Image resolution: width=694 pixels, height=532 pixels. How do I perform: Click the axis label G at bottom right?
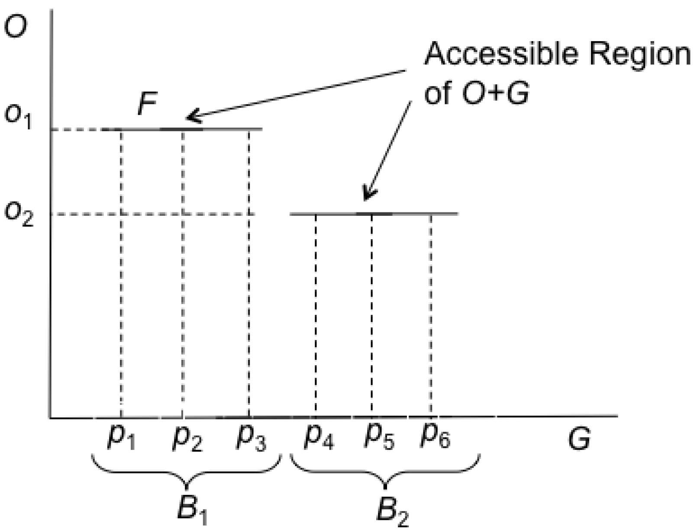tap(579, 440)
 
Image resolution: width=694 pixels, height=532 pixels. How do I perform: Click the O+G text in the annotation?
tap(494, 93)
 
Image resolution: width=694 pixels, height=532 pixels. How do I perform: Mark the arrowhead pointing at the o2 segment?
tap(368, 195)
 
